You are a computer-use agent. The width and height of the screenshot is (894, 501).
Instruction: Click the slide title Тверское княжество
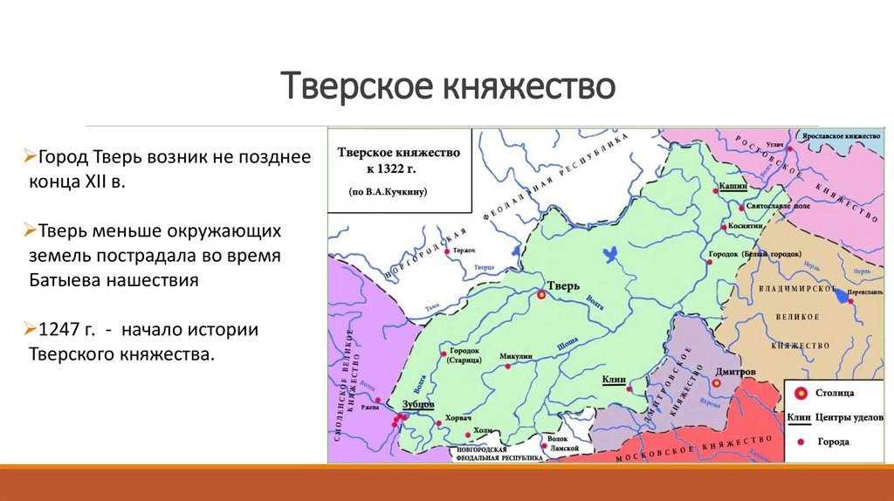coord(446,87)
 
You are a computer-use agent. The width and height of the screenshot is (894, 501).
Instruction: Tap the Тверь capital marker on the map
coord(541,297)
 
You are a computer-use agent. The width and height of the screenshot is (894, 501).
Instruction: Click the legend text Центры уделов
coord(847,419)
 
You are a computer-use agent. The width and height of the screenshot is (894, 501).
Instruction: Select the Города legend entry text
coord(833,443)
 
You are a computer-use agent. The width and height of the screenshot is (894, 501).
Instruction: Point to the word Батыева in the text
coord(64,281)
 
